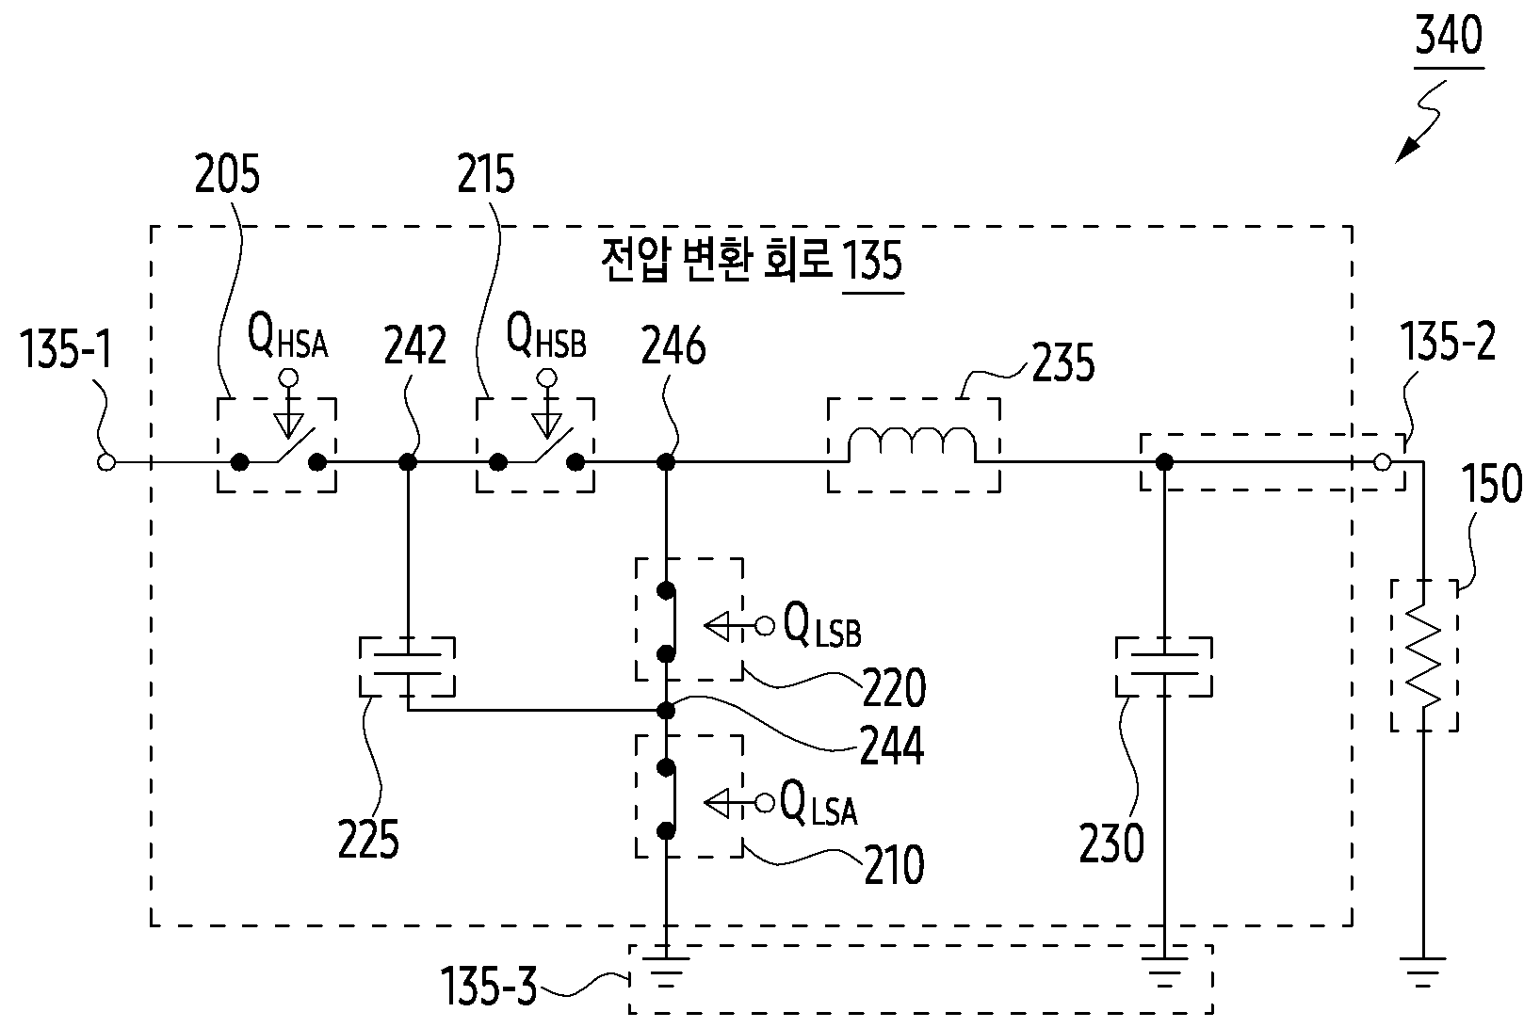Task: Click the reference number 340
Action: click(x=1449, y=37)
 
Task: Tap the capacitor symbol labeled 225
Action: click(x=408, y=666)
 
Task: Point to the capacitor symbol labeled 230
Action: click(x=1163, y=666)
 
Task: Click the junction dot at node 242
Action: click(x=408, y=462)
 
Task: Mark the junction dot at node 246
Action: click(x=666, y=462)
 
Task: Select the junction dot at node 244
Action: click(x=666, y=710)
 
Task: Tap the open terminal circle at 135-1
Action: click(x=106, y=462)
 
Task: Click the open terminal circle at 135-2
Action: click(x=1382, y=462)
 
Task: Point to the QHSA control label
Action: click(x=287, y=338)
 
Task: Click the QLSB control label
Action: click(x=821, y=626)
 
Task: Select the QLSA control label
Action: click(x=819, y=803)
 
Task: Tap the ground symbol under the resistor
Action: click(x=1422, y=972)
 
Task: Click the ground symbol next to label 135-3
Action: click(x=666, y=972)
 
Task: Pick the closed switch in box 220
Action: click(x=667, y=622)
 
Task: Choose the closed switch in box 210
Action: click(x=667, y=799)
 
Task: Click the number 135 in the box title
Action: click(x=873, y=261)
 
